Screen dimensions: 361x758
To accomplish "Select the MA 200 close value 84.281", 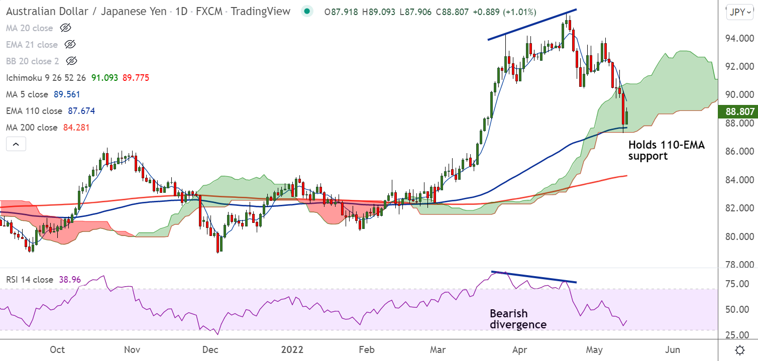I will point(76,128).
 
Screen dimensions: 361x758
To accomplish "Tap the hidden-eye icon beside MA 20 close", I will point(65,28).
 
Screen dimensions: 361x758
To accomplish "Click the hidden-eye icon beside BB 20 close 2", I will point(72,61).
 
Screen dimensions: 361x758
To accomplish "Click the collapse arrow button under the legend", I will point(16,145).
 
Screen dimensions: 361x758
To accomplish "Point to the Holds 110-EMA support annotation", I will point(667,151).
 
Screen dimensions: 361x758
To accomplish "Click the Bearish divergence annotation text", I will point(518,319).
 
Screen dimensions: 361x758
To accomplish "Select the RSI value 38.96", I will point(69,280).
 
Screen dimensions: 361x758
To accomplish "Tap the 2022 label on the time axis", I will point(292,349).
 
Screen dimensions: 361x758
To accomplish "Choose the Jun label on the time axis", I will point(673,349).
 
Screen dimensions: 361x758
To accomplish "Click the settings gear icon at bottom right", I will point(739,349).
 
